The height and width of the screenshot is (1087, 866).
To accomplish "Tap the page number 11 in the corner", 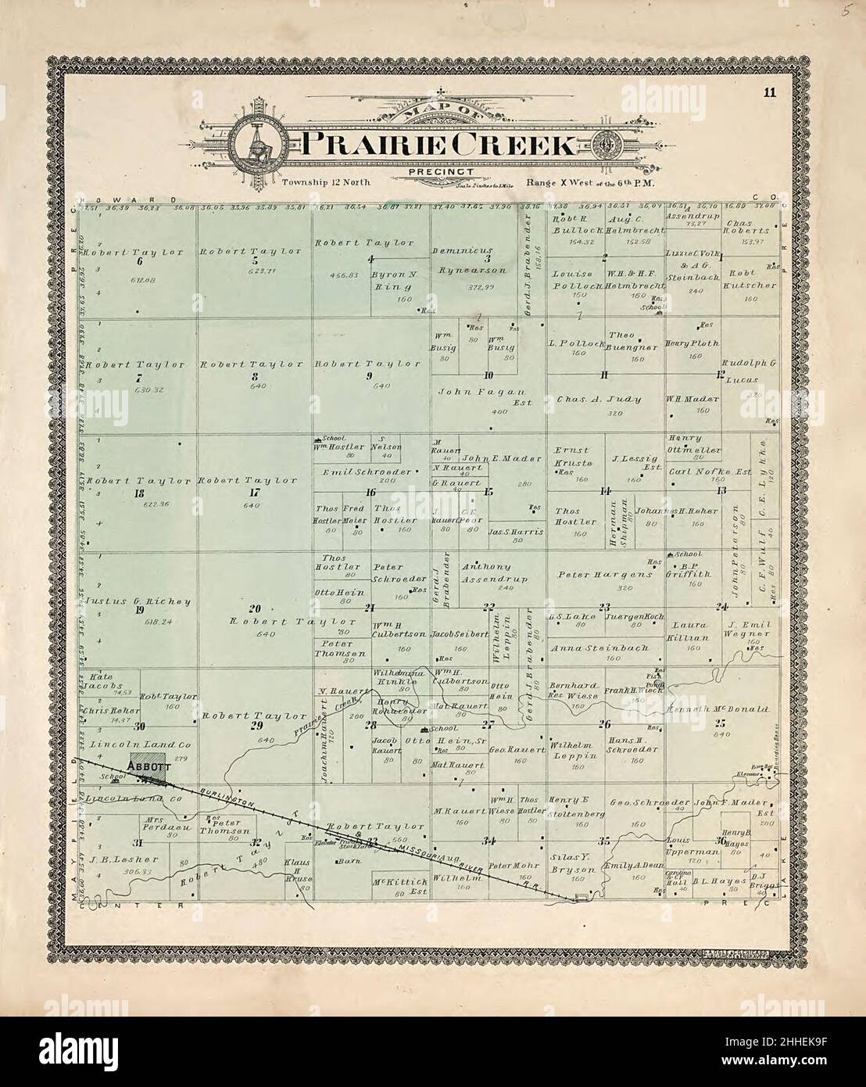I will pyautogui.click(x=770, y=93).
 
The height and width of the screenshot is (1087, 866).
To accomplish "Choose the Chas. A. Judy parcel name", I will pyautogui.click(x=599, y=399).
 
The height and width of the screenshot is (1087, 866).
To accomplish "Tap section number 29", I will pyautogui.click(x=255, y=726).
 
